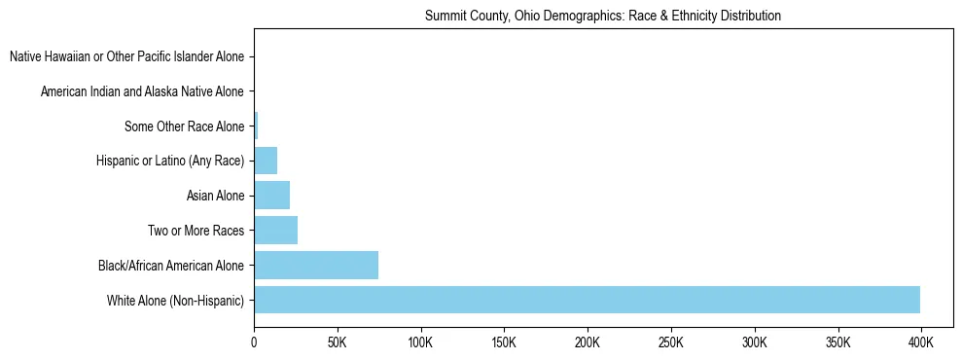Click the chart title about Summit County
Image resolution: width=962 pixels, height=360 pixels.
[x=603, y=17]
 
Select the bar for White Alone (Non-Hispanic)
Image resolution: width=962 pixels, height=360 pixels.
[x=587, y=300]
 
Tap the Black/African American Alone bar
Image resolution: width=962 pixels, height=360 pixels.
[x=316, y=265]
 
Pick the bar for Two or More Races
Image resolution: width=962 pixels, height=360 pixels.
[x=275, y=231]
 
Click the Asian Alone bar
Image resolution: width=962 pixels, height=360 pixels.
[x=271, y=196]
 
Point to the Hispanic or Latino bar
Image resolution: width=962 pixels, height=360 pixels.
[x=266, y=161]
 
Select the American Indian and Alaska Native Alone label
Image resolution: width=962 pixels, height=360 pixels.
[x=142, y=91]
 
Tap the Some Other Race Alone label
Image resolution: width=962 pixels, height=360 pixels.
[x=184, y=126]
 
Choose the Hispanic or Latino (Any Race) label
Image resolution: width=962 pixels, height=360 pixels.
[x=170, y=161]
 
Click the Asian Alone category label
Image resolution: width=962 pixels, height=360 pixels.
[x=215, y=196]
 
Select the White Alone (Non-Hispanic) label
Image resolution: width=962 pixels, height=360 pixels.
[x=175, y=300]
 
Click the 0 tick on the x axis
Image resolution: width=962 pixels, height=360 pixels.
[x=254, y=343]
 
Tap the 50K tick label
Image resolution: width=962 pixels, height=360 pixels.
[x=338, y=343]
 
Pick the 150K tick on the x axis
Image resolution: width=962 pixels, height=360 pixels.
[x=504, y=343]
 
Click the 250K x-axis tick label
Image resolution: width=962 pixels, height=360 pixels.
[x=671, y=343]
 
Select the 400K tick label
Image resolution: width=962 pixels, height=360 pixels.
[x=920, y=343]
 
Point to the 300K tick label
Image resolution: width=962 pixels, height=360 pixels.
[x=754, y=343]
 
